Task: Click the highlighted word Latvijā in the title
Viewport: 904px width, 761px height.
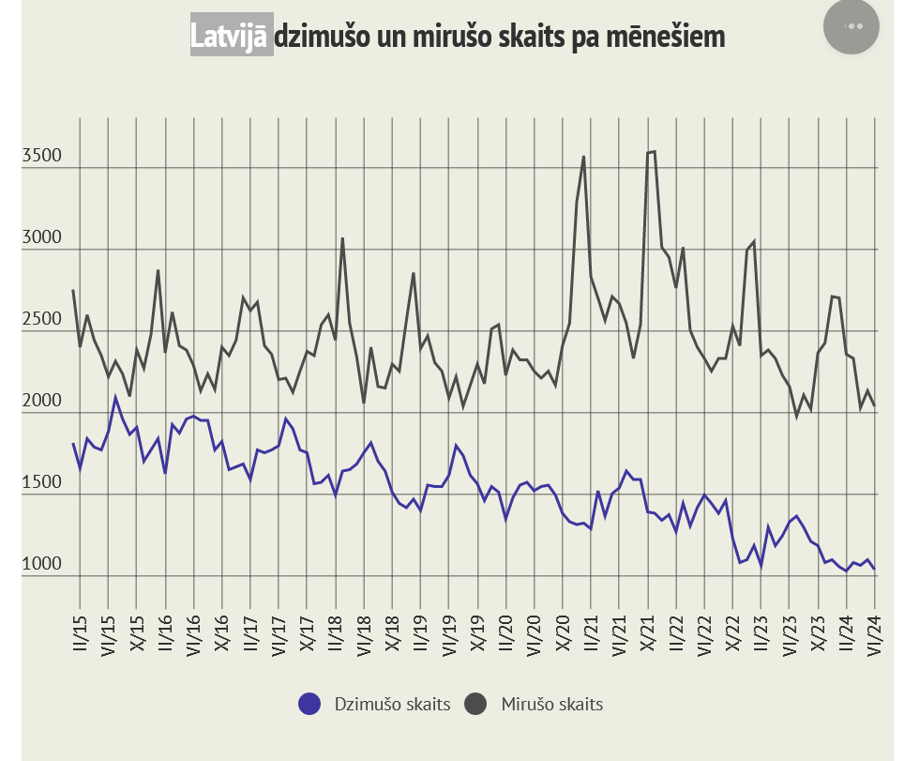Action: point(232,37)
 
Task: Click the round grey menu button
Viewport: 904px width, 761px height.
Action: point(851,26)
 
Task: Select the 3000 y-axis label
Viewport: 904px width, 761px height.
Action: point(41,237)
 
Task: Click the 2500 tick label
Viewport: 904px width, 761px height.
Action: point(41,319)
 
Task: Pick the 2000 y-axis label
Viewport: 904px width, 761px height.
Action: point(41,401)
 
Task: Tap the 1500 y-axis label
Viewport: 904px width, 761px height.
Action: point(41,482)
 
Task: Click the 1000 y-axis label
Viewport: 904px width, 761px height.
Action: point(41,564)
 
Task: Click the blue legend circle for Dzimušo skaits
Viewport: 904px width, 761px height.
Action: point(309,704)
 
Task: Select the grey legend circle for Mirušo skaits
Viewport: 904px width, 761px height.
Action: point(476,704)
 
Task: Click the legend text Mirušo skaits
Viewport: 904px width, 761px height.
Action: point(551,704)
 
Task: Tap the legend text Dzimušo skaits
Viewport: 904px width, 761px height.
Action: point(392,704)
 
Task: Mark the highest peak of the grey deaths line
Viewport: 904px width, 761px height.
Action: point(654,151)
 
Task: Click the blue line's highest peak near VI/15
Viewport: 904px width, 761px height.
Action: point(115,397)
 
